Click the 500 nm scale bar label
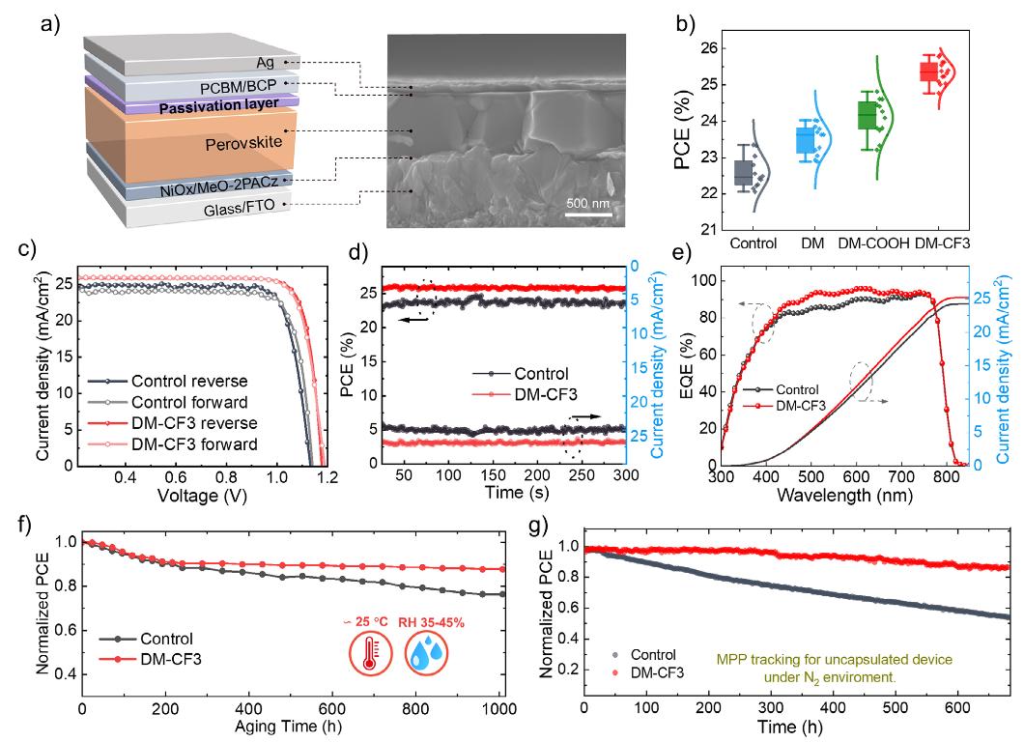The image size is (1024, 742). (x=585, y=204)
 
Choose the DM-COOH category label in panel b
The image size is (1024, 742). (x=874, y=243)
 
